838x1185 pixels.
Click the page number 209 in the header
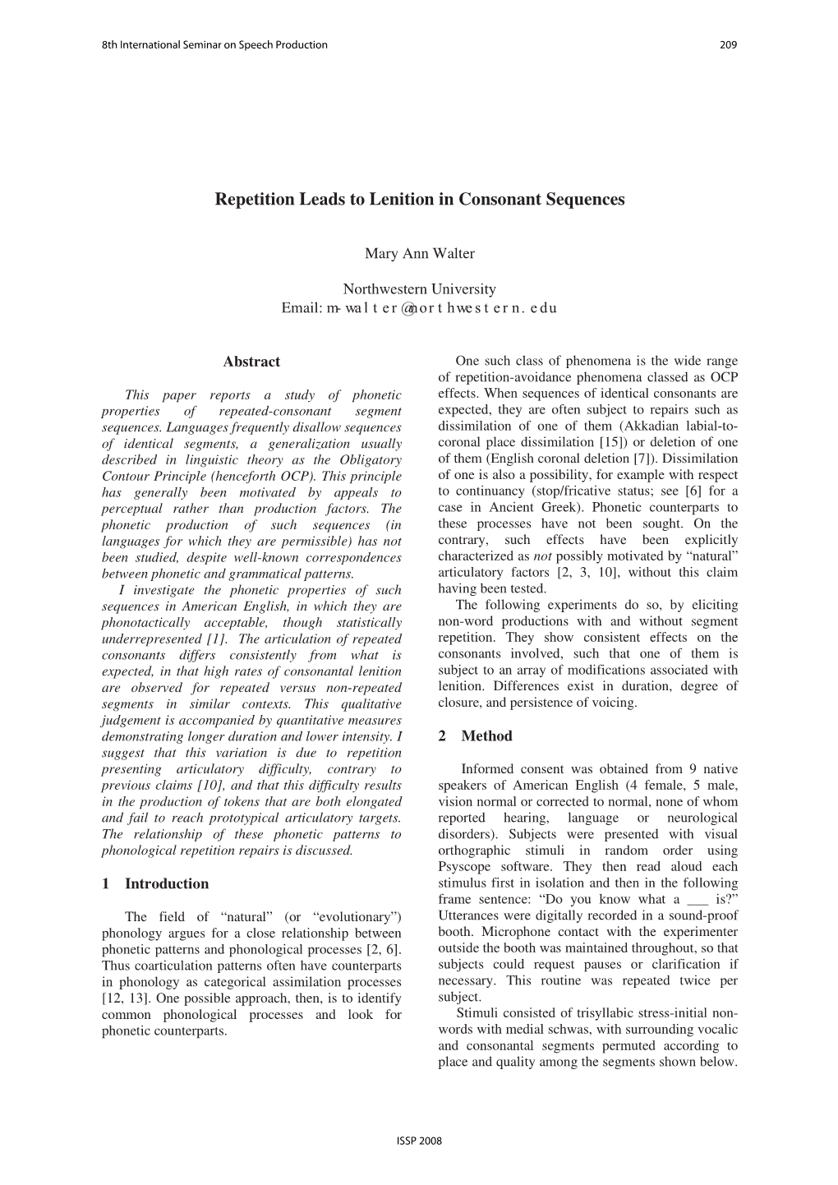point(728,44)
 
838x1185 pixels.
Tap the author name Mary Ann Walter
point(419,254)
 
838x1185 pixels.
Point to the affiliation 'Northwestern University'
point(419,289)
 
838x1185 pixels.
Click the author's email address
point(441,308)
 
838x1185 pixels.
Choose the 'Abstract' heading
point(251,362)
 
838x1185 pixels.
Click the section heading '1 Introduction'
point(155,884)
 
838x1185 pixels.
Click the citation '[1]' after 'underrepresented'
point(218,639)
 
